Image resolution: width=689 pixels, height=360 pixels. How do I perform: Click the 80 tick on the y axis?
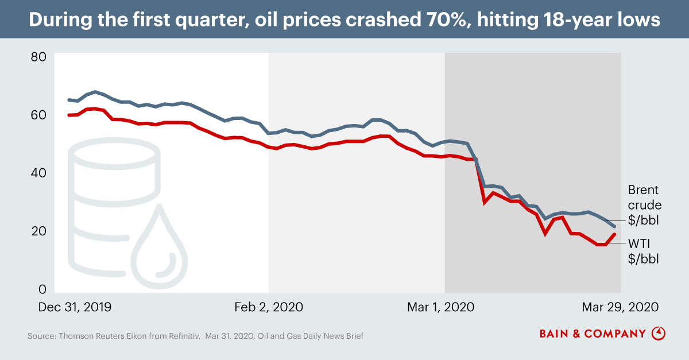[x=38, y=57]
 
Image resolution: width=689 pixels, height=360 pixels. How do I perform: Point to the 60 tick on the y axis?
[x=38, y=115]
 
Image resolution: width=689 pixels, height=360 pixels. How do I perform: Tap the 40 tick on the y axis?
[x=38, y=173]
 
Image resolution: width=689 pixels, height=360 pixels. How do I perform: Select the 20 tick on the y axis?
[x=38, y=231]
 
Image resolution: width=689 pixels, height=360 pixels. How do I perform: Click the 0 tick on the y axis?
[x=42, y=289]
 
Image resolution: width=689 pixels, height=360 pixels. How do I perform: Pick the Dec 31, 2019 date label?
[x=75, y=307]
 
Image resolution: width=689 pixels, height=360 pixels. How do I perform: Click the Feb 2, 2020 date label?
[x=269, y=307]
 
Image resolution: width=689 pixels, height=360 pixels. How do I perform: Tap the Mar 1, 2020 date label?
[x=441, y=307]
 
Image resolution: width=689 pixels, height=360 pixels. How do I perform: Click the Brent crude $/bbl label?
[x=644, y=205]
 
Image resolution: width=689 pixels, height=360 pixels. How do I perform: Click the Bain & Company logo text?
[x=593, y=333]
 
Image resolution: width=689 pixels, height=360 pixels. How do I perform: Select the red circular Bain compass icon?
[x=659, y=333]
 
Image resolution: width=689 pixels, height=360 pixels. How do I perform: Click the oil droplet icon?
[x=160, y=247]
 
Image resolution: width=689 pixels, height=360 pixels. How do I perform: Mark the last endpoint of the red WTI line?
[x=614, y=234]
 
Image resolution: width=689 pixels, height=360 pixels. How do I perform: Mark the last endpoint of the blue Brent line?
[x=614, y=227]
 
